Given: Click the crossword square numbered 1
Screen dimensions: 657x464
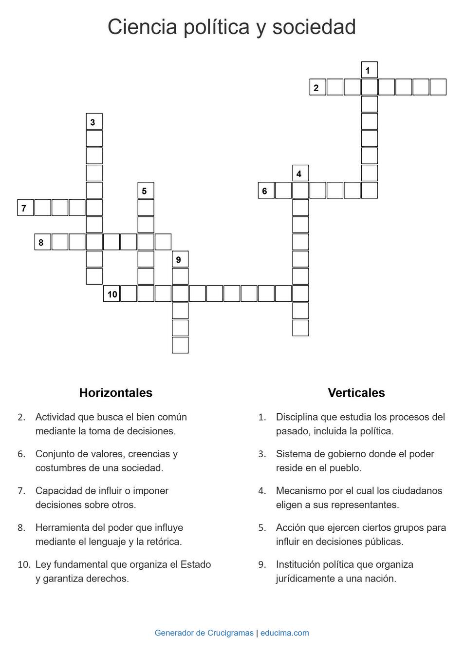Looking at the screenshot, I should (369, 70).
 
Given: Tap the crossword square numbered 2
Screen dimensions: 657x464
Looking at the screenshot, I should (317, 87).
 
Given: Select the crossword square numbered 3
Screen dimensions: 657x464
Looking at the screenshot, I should (94, 122).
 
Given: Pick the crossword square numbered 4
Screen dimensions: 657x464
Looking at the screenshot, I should (300, 174).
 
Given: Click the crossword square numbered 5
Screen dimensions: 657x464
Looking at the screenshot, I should (146, 191).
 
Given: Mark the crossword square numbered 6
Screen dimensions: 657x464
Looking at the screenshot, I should (266, 191).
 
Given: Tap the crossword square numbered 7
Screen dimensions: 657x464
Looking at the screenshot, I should (25, 208).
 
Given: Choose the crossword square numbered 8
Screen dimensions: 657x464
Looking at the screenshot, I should (42, 242).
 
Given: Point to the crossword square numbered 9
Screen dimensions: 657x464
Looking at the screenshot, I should (180, 259).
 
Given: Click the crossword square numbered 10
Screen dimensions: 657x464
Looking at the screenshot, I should (111, 294).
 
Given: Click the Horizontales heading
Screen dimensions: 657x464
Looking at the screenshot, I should (115, 393).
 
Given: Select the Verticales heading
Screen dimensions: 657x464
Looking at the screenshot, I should (356, 393).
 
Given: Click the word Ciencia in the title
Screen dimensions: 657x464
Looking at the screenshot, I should (142, 27).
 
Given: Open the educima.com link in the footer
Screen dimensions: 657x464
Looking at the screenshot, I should (284, 633).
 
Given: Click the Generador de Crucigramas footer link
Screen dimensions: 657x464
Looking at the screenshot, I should (204, 633).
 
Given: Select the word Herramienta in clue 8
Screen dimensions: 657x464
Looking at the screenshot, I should (61, 528).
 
